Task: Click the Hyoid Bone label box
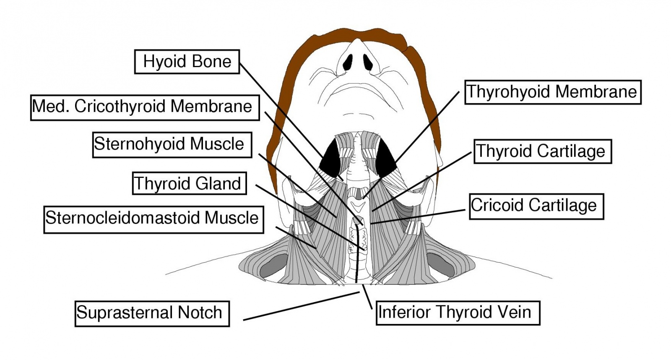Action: [x=187, y=62]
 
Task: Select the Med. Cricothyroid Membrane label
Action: [x=145, y=107]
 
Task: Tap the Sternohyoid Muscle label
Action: [x=172, y=145]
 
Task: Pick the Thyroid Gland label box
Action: [x=189, y=183]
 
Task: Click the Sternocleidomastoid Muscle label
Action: [x=153, y=219]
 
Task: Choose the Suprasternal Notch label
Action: [x=152, y=313]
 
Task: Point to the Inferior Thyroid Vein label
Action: [x=458, y=313]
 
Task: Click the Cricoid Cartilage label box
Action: [x=536, y=206]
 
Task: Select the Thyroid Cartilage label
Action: [x=542, y=151]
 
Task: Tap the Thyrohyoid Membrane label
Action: [x=553, y=92]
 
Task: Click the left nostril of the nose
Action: [x=348, y=63]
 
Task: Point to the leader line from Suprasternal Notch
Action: [x=302, y=306]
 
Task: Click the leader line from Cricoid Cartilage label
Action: [x=419, y=217]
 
